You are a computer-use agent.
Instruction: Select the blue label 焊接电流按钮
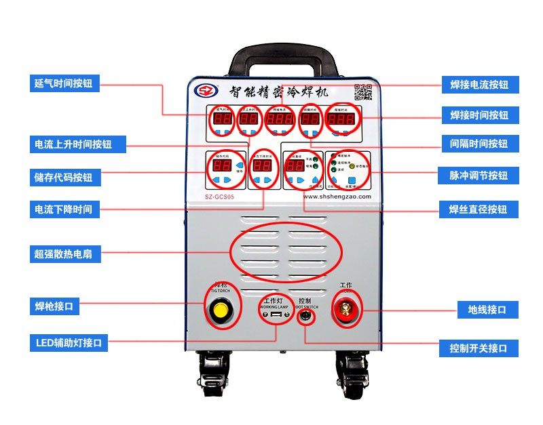[x=479, y=85]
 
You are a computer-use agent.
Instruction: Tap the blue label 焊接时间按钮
[x=479, y=115]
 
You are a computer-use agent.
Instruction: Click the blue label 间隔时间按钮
[x=479, y=144]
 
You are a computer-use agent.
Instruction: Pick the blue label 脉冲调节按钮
[x=479, y=176]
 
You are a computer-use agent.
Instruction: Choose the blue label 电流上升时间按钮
[x=73, y=144]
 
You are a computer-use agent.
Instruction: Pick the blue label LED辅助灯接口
[x=68, y=343]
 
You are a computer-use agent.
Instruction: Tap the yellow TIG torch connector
[x=220, y=310]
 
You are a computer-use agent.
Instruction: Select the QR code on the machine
[x=363, y=93]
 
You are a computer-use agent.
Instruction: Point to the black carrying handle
[x=285, y=58]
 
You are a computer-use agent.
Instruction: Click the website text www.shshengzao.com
[x=337, y=197]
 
